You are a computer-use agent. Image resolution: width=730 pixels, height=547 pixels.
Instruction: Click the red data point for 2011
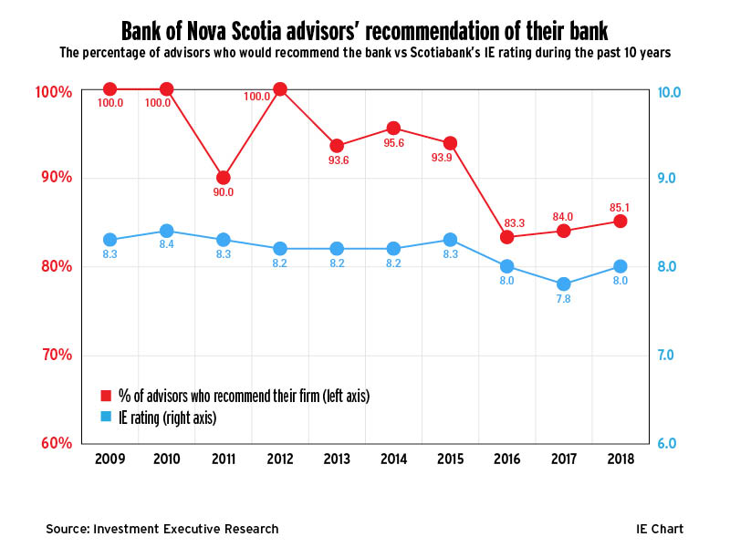[224, 178]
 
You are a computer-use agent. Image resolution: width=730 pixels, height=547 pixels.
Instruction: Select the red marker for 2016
[506, 237]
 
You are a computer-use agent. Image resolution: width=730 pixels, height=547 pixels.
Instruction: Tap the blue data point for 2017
[563, 284]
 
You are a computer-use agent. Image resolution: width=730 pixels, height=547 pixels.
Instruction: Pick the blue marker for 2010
[166, 231]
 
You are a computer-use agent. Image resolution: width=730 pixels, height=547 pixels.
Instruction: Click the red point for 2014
[393, 128]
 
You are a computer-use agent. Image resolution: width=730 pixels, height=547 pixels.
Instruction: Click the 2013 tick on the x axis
[337, 458]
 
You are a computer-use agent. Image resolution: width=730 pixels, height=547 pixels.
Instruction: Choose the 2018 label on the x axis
[620, 458]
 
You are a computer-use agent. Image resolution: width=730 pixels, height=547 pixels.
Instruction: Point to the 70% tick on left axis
[54, 355]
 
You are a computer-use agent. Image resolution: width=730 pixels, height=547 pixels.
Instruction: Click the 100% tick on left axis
[52, 92]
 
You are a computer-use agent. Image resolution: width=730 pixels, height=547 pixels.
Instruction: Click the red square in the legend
[105, 396]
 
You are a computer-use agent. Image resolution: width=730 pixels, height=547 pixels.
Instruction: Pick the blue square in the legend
[105, 418]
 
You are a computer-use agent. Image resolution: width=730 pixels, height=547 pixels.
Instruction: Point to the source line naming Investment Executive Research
[162, 529]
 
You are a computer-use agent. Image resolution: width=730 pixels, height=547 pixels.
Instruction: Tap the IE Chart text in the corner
[659, 529]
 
